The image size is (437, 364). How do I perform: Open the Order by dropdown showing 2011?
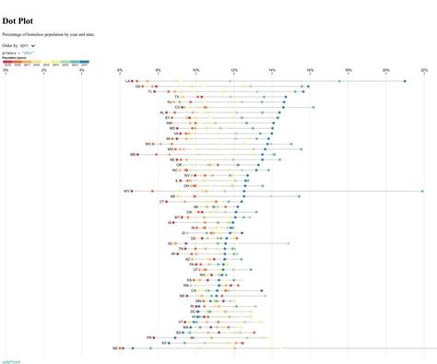coord(28,44)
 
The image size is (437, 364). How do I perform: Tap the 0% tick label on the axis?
coord(6,70)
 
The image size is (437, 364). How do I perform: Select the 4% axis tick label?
coord(81,70)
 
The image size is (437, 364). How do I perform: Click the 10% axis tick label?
coord(195,70)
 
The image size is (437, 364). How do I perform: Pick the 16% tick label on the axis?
coord(310,70)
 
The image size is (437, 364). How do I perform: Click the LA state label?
coord(128,81)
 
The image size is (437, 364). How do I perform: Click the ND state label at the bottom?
coord(115,348)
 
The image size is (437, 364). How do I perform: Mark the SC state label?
coord(171,243)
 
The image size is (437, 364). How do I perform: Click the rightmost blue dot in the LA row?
coord(404,81)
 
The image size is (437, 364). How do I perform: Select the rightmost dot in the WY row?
coord(422,191)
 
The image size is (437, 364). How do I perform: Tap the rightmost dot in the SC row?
coord(287,243)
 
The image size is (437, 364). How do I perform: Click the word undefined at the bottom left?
coord(10,361)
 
